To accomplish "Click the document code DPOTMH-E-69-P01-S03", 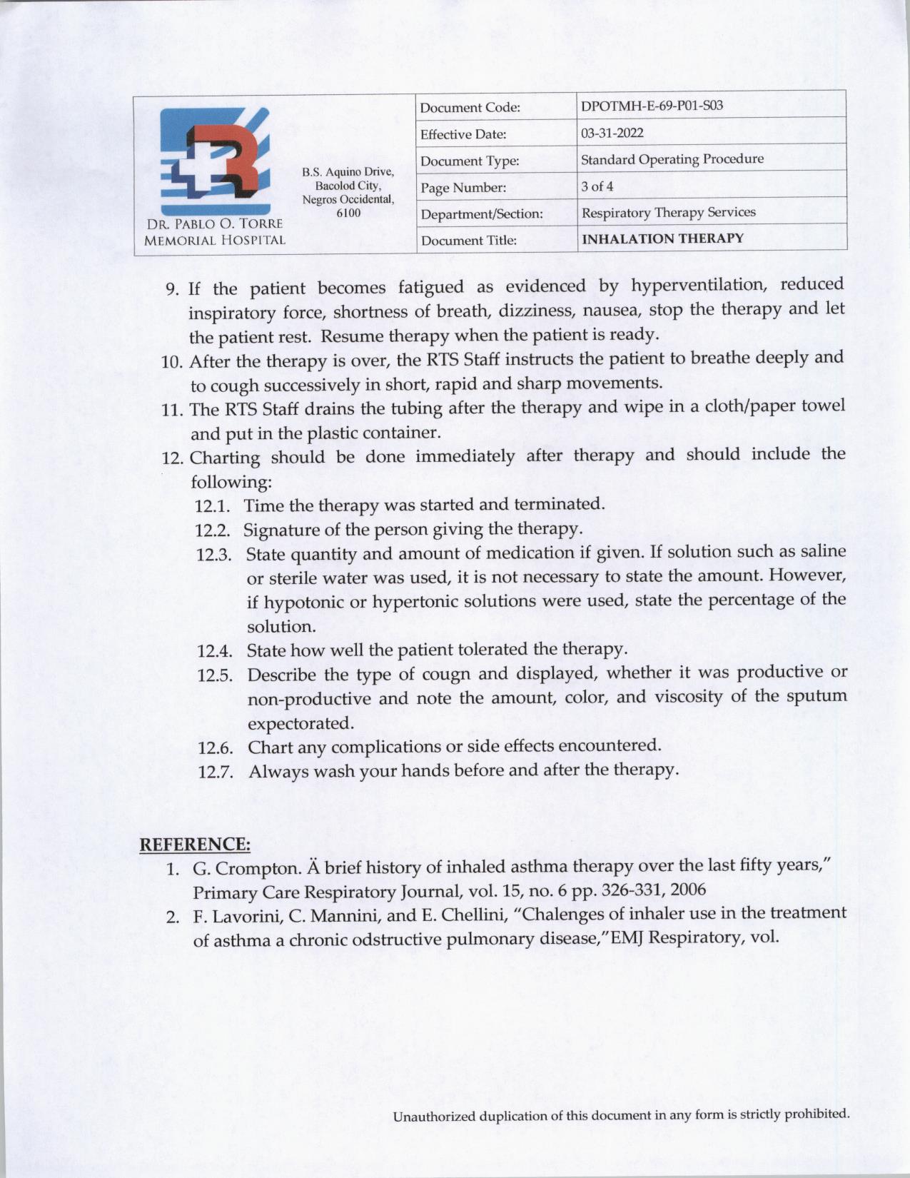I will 652,106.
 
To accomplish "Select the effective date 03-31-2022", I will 612,133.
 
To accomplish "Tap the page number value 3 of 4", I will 597,186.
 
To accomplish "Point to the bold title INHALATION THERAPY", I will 662,238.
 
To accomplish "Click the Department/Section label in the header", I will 482,214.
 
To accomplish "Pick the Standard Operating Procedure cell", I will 672,159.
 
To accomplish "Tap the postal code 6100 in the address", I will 348,213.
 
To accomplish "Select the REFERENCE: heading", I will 195,845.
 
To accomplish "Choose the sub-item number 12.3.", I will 214,555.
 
